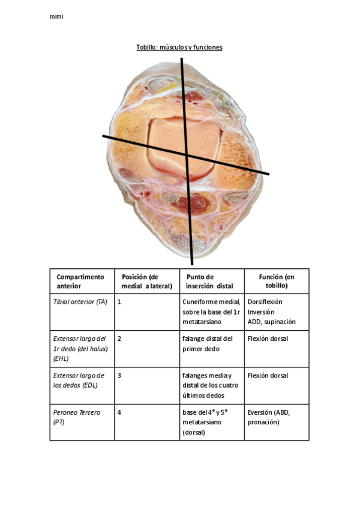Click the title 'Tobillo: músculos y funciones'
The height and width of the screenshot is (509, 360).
(x=179, y=47)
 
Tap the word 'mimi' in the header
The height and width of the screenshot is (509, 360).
(x=56, y=17)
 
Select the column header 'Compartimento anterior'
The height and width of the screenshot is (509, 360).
(x=80, y=282)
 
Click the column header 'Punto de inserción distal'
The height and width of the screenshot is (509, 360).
(x=209, y=282)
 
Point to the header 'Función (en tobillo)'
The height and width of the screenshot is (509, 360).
(x=277, y=282)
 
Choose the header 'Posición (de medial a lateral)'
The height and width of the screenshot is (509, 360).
(x=147, y=282)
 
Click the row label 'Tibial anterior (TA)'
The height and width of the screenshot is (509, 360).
(x=80, y=302)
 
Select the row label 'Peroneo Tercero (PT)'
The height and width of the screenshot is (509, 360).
(x=76, y=417)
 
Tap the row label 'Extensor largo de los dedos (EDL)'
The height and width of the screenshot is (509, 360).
(x=79, y=380)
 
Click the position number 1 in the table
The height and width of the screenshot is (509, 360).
(x=119, y=302)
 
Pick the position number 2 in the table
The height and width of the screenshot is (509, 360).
(x=119, y=339)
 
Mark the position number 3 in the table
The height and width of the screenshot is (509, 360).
(x=119, y=376)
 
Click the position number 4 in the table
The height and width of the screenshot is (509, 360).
(x=119, y=413)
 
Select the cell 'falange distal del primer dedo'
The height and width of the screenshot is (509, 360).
(x=207, y=344)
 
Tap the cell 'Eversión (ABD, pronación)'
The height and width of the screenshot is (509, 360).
(x=268, y=417)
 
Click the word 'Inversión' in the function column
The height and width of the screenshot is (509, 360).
(x=262, y=312)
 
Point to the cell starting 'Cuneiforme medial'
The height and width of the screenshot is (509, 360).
(x=211, y=312)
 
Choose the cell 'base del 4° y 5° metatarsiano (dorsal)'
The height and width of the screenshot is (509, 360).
(x=208, y=422)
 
